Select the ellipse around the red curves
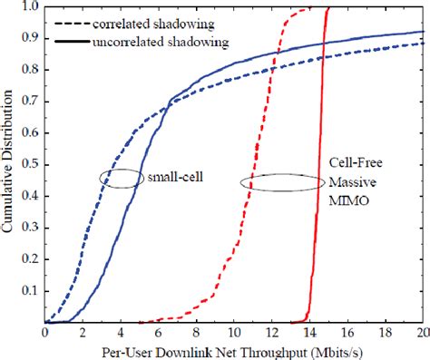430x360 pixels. pyautogui.click(x=282, y=181)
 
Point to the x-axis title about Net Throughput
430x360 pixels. pyautogui.click(x=233, y=350)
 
